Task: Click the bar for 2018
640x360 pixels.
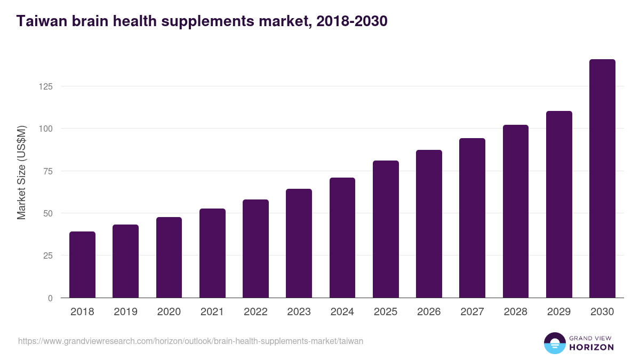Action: pyautogui.click(x=82, y=265)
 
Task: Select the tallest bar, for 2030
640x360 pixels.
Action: pyautogui.click(x=602, y=179)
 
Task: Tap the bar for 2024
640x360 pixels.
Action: pyautogui.click(x=342, y=238)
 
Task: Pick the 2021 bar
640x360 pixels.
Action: pyautogui.click(x=212, y=253)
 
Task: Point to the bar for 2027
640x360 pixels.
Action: pyautogui.click(x=472, y=218)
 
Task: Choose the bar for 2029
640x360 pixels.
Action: pyautogui.click(x=559, y=204)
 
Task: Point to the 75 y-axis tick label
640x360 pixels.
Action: pyautogui.click(x=47, y=171)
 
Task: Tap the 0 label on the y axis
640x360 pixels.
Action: pyautogui.click(x=50, y=298)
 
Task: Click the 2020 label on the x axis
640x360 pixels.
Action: pyautogui.click(x=169, y=312)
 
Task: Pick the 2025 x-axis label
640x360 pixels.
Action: pyautogui.click(x=386, y=312)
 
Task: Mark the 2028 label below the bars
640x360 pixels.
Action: pyautogui.click(x=516, y=312)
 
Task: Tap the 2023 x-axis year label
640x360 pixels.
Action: pyautogui.click(x=299, y=312)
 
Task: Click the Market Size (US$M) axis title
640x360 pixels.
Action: pyautogui.click(x=21, y=172)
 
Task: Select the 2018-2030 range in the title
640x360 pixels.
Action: pyautogui.click(x=351, y=21)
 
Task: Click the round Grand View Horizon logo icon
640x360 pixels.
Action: pyautogui.click(x=554, y=343)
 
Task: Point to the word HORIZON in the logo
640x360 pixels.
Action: pyautogui.click(x=591, y=347)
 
